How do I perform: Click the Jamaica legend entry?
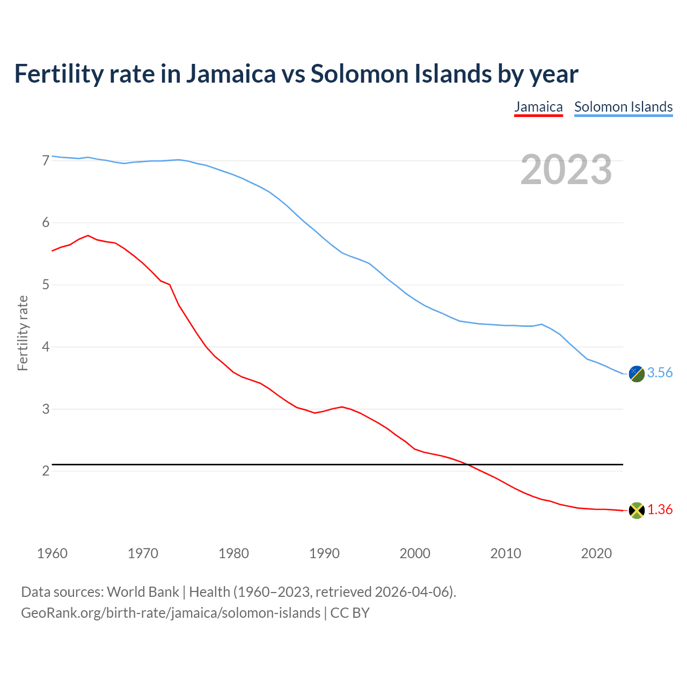(538, 107)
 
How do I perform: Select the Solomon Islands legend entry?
(623, 107)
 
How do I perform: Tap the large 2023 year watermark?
(566, 170)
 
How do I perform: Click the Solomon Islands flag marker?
(637, 374)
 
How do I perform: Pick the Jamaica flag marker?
(637, 510)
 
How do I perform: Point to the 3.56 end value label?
(660, 373)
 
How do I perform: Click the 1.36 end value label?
(660, 510)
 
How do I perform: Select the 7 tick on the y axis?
(46, 160)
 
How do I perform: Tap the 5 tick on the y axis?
(46, 284)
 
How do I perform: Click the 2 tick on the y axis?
(46, 471)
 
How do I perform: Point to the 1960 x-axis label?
(52, 553)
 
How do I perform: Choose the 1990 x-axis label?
(324, 553)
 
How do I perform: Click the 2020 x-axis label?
(596, 553)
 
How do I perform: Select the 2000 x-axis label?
(415, 553)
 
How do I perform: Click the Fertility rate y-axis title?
(23, 333)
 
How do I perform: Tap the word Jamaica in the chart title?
(231, 74)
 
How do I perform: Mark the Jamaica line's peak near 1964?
(88, 235)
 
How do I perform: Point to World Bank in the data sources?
(143, 592)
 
